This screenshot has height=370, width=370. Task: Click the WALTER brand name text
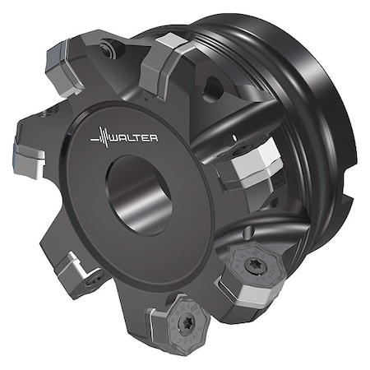click(133, 138)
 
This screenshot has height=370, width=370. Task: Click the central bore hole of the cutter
click(139, 195)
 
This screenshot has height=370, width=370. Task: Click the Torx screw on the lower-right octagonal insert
click(252, 266)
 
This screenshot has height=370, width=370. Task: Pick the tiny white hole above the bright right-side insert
click(235, 137)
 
